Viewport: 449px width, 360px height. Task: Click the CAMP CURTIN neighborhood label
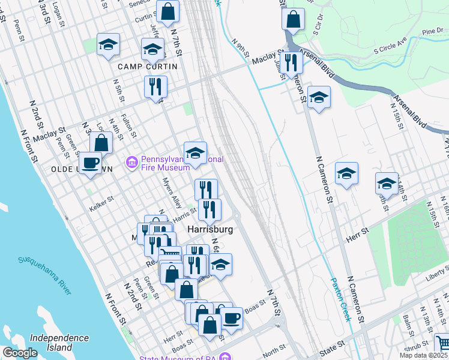(x=148, y=67)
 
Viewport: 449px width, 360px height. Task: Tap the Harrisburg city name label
(x=209, y=230)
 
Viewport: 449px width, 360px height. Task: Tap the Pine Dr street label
(x=432, y=31)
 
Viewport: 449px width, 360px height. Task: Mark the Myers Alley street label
(x=171, y=192)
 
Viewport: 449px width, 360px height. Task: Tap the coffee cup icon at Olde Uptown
(x=91, y=163)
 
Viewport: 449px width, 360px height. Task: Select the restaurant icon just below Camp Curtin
(x=155, y=86)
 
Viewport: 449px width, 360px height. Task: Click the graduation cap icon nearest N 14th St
(x=386, y=183)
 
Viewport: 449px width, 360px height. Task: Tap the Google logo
(x=20, y=353)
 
